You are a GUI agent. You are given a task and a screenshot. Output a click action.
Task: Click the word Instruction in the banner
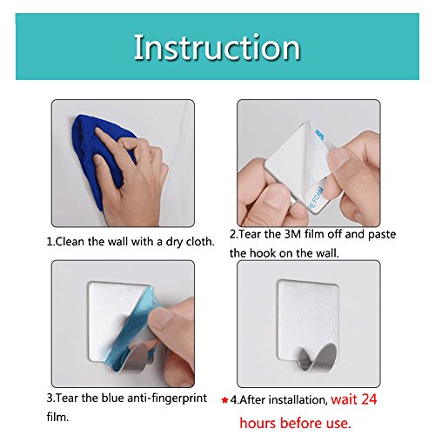click(x=217, y=47)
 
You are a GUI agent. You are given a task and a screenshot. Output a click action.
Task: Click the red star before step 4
click(x=224, y=400)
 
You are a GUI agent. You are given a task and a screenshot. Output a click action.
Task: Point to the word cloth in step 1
click(x=200, y=242)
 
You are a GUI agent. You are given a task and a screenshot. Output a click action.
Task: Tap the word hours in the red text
click(x=258, y=423)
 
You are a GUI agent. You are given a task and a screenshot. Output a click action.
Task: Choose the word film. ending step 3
click(x=57, y=418)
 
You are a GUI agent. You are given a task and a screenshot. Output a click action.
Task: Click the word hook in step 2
click(x=263, y=253)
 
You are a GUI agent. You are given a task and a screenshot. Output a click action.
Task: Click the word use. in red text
click(x=338, y=424)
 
